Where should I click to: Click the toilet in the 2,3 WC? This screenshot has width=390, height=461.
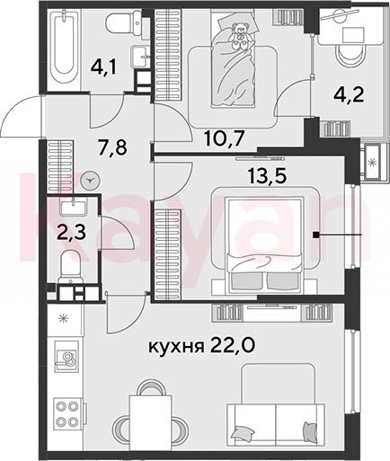click(x=70, y=267)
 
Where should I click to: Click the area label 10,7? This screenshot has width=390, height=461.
click(x=224, y=139)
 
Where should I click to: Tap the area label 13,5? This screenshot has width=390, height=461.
click(x=267, y=175)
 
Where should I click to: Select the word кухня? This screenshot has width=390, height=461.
click(x=176, y=347)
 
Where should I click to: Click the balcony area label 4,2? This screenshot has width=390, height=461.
click(x=349, y=95)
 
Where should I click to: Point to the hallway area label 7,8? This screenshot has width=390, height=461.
click(x=112, y=147)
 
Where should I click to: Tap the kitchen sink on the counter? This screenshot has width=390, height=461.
click(x=66, y=357)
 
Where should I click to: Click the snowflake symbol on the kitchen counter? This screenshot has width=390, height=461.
click(x=64, y=318)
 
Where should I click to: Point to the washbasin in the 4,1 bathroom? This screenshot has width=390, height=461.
click(x=140, y=57)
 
